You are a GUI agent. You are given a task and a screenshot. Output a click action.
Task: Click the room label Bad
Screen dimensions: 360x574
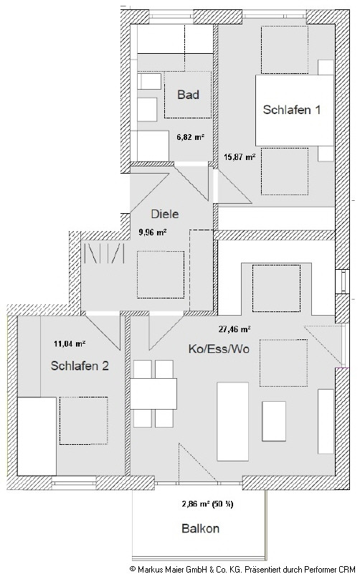coord(188,95)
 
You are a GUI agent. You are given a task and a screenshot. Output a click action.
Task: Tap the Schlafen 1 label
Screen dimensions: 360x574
coord(292,110)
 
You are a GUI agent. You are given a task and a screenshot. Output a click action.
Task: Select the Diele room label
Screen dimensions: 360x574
coord(165,214)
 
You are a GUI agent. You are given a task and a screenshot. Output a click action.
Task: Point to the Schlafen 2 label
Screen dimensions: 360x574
coord(80,366)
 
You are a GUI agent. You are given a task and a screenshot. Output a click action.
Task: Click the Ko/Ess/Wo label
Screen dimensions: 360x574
coord(219,349)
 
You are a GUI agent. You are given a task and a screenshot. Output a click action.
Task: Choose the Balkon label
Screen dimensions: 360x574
coord(201,528)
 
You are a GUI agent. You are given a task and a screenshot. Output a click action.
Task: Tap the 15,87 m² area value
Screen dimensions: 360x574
coord(240,157)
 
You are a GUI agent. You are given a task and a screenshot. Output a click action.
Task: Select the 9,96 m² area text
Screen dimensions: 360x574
coord(153,232)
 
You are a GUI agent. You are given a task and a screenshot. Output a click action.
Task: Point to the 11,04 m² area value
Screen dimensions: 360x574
coord(70,344)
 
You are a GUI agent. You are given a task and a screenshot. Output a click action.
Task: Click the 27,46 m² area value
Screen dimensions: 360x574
coord(235,329)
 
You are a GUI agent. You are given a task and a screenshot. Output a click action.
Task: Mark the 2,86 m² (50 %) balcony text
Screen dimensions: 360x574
coord(207,504)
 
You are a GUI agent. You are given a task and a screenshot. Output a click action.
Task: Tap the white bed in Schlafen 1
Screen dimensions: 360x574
coord(295,110)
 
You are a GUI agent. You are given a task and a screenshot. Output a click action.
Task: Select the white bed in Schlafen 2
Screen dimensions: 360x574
coord(37,436)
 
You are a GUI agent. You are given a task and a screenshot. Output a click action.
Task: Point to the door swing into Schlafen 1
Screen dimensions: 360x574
coord(232,186)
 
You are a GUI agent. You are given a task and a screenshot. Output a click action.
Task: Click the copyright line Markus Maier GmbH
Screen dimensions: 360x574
coord(242,569)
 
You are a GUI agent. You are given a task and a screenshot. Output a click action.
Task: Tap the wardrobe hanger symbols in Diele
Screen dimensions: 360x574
coord(105,253)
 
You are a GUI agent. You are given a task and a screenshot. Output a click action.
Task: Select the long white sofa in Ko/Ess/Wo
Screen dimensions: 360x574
coord(232,421)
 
